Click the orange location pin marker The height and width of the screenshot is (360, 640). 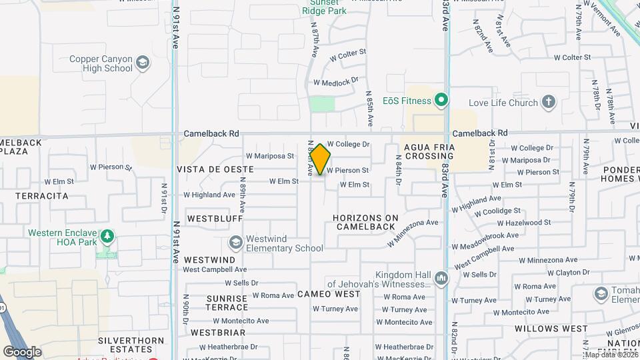[321, 159]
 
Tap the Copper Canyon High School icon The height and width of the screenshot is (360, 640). [142, 63]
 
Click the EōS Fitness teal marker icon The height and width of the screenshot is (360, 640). [440, 101]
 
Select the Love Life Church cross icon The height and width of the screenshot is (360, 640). [548, 102]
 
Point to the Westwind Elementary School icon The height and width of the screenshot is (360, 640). [235, 243]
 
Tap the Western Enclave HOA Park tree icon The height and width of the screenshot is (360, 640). [106, 237]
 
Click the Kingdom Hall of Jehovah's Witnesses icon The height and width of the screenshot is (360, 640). [440, 278]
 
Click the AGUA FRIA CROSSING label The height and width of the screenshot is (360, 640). [429, 151]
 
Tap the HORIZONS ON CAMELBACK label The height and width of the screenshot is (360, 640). [365, 222]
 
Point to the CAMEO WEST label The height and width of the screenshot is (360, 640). [329, 294]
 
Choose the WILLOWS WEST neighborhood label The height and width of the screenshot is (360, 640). [551, 329]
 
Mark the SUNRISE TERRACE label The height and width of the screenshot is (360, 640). [218, 302]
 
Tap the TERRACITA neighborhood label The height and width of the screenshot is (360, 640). [43, 196]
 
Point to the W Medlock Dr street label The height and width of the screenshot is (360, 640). [340, 81]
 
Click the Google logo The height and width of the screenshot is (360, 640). [22, 352]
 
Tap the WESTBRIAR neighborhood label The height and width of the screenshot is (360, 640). [218, 332]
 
